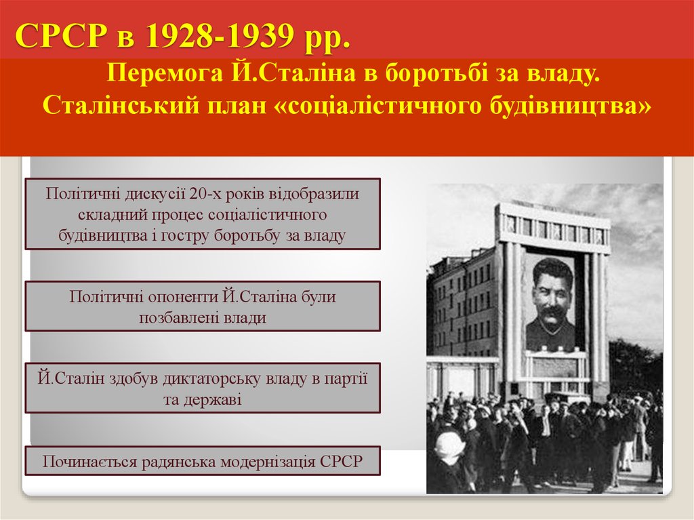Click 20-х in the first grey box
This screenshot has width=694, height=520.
tap(206, 193)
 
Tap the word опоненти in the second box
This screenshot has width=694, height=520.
tap(176, 296)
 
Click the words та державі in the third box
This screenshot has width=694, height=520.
tap(203, 399)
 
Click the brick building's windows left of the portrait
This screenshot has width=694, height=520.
tap(468, 305)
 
